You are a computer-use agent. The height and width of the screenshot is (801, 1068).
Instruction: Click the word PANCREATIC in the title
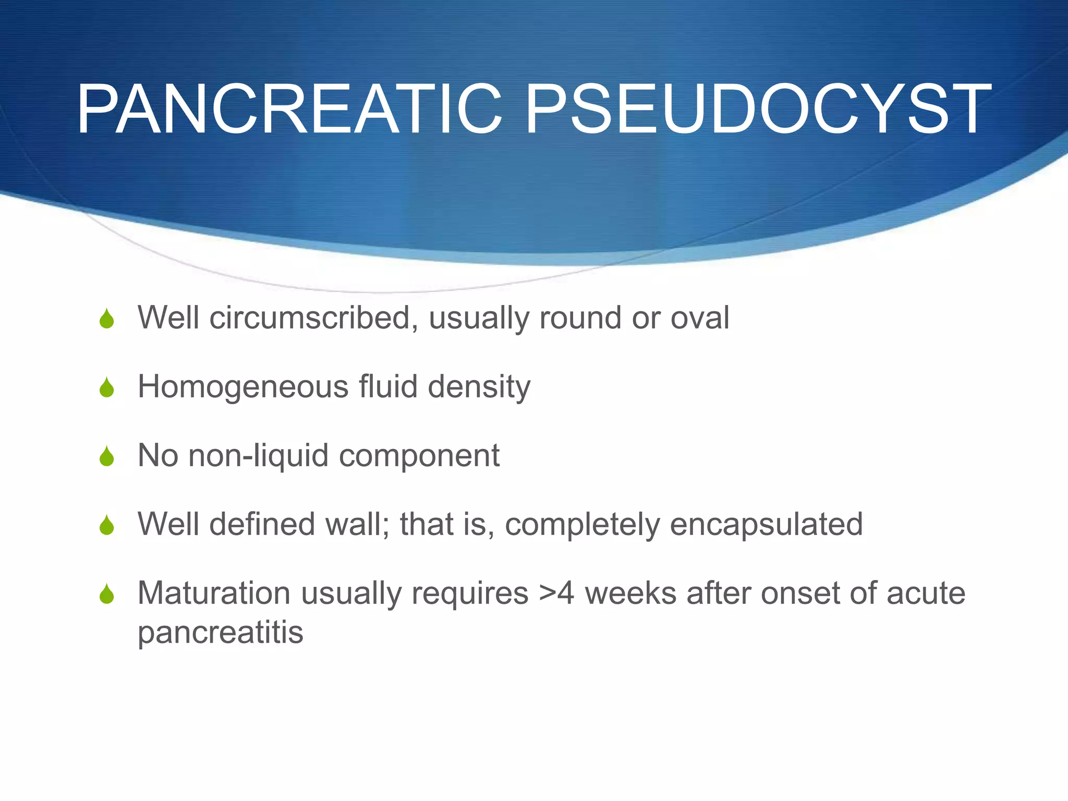click(x=289, y=110)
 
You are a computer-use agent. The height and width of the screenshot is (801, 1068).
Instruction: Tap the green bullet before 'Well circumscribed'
click(x=107, y=319)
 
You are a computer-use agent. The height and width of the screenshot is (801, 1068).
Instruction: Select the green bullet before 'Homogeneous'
click(x=107, y=387)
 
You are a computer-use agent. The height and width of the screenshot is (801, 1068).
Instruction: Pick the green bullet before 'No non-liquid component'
click(x=107, y=456)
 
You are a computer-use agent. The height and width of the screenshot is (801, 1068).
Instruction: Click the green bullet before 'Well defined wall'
click(x=107, y=525)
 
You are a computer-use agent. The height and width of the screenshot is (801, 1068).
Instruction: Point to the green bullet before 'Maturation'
click(x=107, y=594)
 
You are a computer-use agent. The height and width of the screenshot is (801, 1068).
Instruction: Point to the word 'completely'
click(x=582, y=525)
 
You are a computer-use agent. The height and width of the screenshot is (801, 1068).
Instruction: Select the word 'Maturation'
click(x=214, y=593)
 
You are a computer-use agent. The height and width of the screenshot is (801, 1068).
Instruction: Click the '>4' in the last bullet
click(x=556, y=593)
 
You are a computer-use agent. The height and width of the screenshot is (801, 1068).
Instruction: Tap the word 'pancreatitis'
click(x=220, y=633)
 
